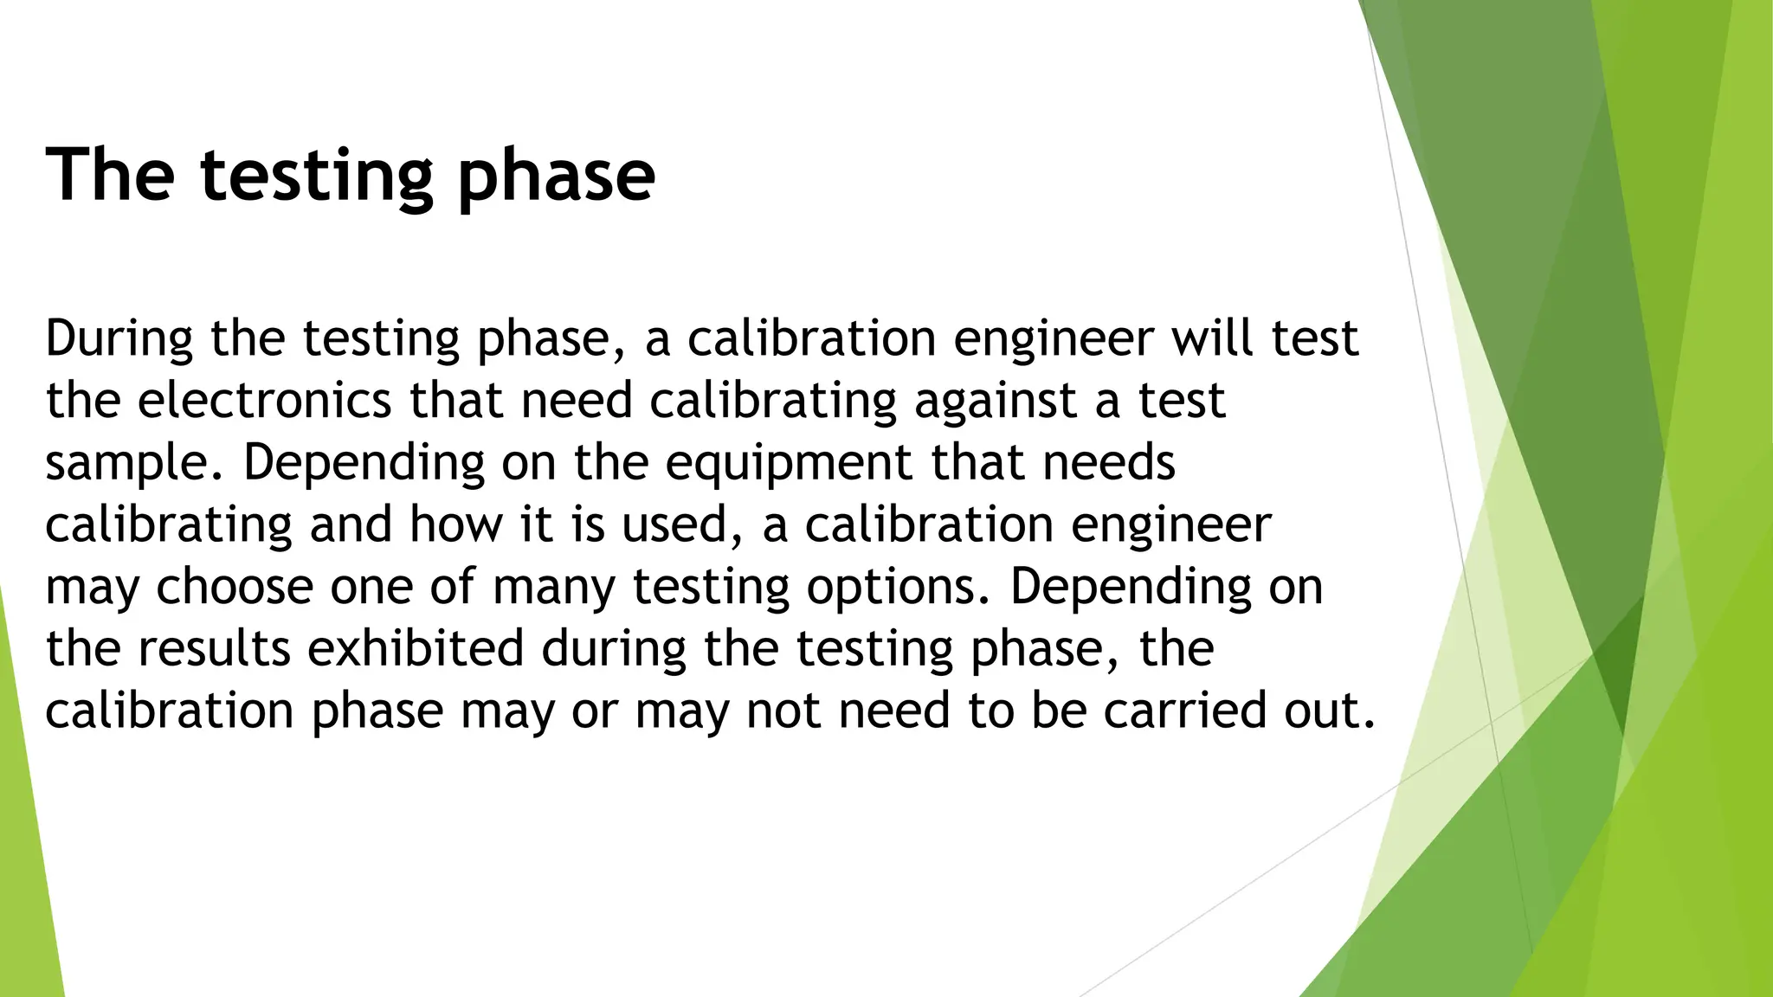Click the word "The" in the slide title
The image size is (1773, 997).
click(110, 175)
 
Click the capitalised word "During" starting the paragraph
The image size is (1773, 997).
click(119, 338)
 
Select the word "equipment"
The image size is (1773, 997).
click(789, 464)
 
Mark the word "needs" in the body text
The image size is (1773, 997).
click(1109, 462)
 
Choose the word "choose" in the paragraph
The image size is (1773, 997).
click(235, 587)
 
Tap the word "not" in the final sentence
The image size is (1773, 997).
click(783, 711)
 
